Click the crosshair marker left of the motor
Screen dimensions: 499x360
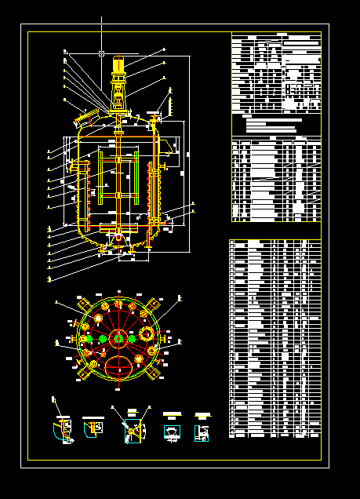point(102,53)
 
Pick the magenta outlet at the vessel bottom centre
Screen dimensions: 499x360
point(119,237)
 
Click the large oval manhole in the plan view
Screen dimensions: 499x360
point(119,364)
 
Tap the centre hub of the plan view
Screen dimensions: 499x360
point(118,338)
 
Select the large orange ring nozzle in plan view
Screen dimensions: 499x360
point(147,333)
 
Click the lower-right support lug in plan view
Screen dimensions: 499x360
point(152,373)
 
